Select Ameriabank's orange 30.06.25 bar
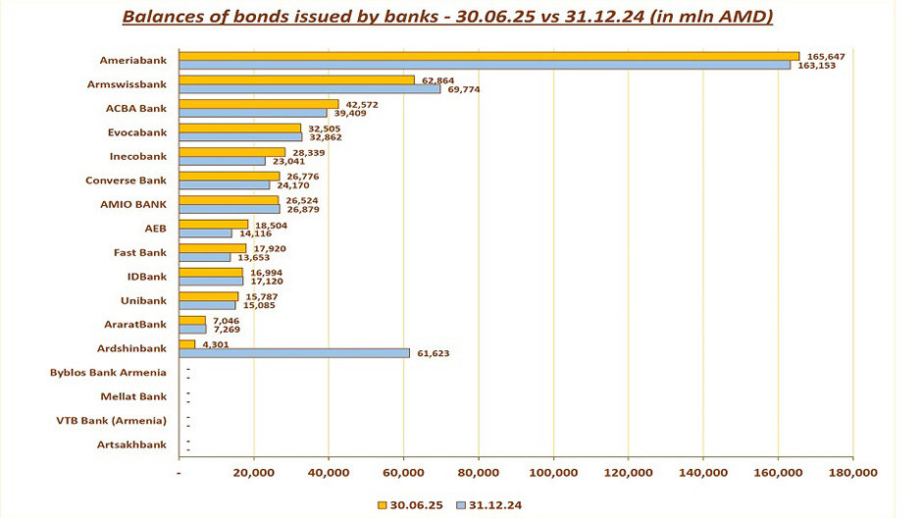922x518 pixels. (490, 57)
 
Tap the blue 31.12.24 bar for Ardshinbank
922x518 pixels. (295, 353)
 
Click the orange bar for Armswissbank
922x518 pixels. (298, 80)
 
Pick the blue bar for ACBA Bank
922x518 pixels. (255, 113)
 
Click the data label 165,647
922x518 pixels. (824, 56)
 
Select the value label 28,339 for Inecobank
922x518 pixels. (307, 152)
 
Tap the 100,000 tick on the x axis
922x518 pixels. (553, 473)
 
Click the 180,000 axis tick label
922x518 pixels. (852, 473)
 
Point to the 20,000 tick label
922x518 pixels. (254, 473)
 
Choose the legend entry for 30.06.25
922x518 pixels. (411, 504)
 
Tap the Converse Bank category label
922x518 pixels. (127, 181)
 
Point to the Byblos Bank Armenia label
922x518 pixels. (108, 373)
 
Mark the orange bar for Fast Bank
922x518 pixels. (214, 248)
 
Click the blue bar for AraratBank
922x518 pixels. (193, 329)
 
